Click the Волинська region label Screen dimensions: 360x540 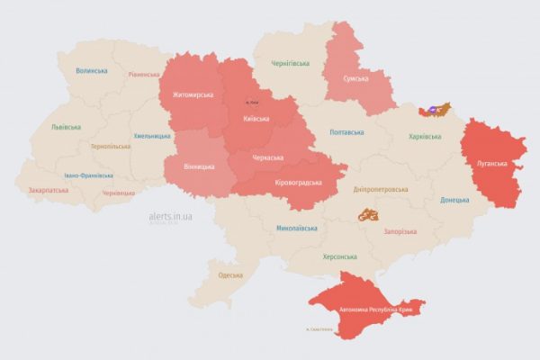click(x=92, y=71)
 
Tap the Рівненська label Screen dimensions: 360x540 click(x=144, y=75)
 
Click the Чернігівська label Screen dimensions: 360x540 click(x=291, y=64)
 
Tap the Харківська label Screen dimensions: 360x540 click(x=425, y=137)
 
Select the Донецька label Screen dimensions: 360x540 click(x=454, y=199)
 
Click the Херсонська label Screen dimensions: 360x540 click(x=340, y=256)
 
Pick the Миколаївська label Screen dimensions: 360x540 click(x=298, y=229)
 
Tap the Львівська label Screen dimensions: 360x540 click(x=67, y=127)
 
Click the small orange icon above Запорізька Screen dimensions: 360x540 click(x=367, y=215)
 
